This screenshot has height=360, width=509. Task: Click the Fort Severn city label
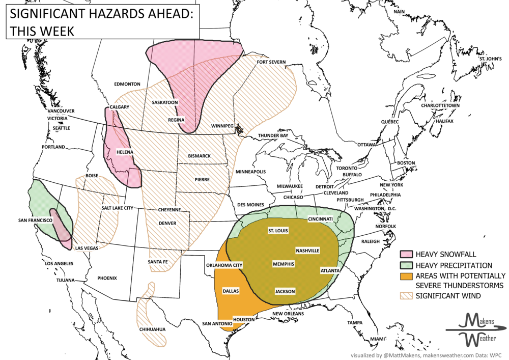[271, 62]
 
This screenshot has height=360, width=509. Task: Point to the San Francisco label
[36, 220]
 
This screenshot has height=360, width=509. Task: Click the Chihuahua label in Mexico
[152, 329]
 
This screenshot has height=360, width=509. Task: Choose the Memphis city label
[282, 264]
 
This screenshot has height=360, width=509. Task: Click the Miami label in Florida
[377, 339]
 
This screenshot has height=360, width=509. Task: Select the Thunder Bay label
[273, 135]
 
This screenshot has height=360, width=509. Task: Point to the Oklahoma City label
[224, 265]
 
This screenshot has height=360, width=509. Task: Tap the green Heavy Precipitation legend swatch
[406, 265]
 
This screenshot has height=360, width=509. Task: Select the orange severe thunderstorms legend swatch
[406, 276]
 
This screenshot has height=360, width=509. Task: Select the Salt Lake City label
[117, 208]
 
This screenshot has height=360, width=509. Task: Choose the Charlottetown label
[440, 105]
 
